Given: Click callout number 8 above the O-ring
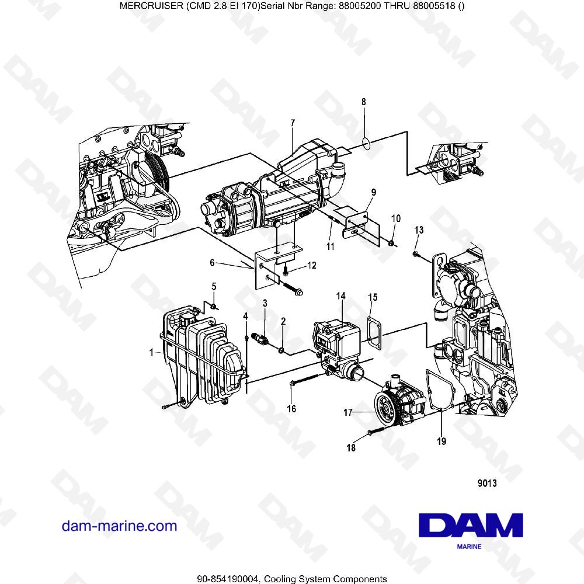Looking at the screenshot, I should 364,102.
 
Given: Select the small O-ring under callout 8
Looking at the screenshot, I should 366,142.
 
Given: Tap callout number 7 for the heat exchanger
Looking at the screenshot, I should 293,123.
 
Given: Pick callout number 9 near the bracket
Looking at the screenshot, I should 373,192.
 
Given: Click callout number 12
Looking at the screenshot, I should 312,266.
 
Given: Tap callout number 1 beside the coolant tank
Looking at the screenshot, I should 152,353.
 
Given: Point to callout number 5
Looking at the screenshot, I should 214,286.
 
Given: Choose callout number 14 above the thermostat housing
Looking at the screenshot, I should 341,297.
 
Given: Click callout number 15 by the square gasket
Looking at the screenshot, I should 373,298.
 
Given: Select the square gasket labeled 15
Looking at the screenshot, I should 372,329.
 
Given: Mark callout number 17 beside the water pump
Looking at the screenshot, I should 347,412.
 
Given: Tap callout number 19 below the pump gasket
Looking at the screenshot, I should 442,442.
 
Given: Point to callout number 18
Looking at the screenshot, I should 351,448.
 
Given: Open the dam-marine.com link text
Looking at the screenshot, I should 119,526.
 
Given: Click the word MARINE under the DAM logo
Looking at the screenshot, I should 469,547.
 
